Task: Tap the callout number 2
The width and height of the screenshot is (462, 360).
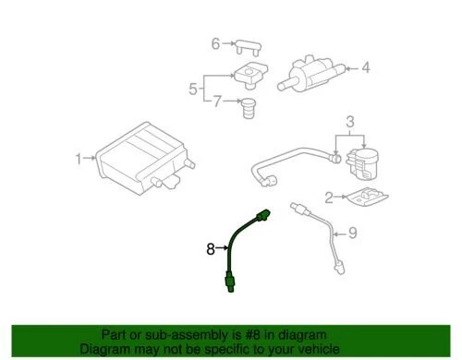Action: point(326,197)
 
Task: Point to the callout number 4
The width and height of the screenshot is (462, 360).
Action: point(365,66)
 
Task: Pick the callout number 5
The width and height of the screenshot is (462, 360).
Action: point(193,90)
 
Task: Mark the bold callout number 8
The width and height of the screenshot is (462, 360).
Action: point(210,247)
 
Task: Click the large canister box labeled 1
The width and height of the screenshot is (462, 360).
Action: point(143,162)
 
